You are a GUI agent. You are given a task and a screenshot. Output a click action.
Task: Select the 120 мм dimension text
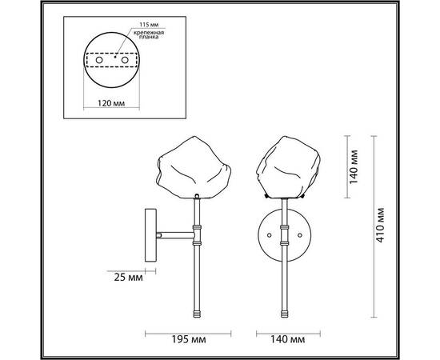pos(111,102)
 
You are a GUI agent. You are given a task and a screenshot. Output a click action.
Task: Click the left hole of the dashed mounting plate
pos(100,59)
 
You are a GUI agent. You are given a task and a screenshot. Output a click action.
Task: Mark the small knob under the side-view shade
pos(198,195)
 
